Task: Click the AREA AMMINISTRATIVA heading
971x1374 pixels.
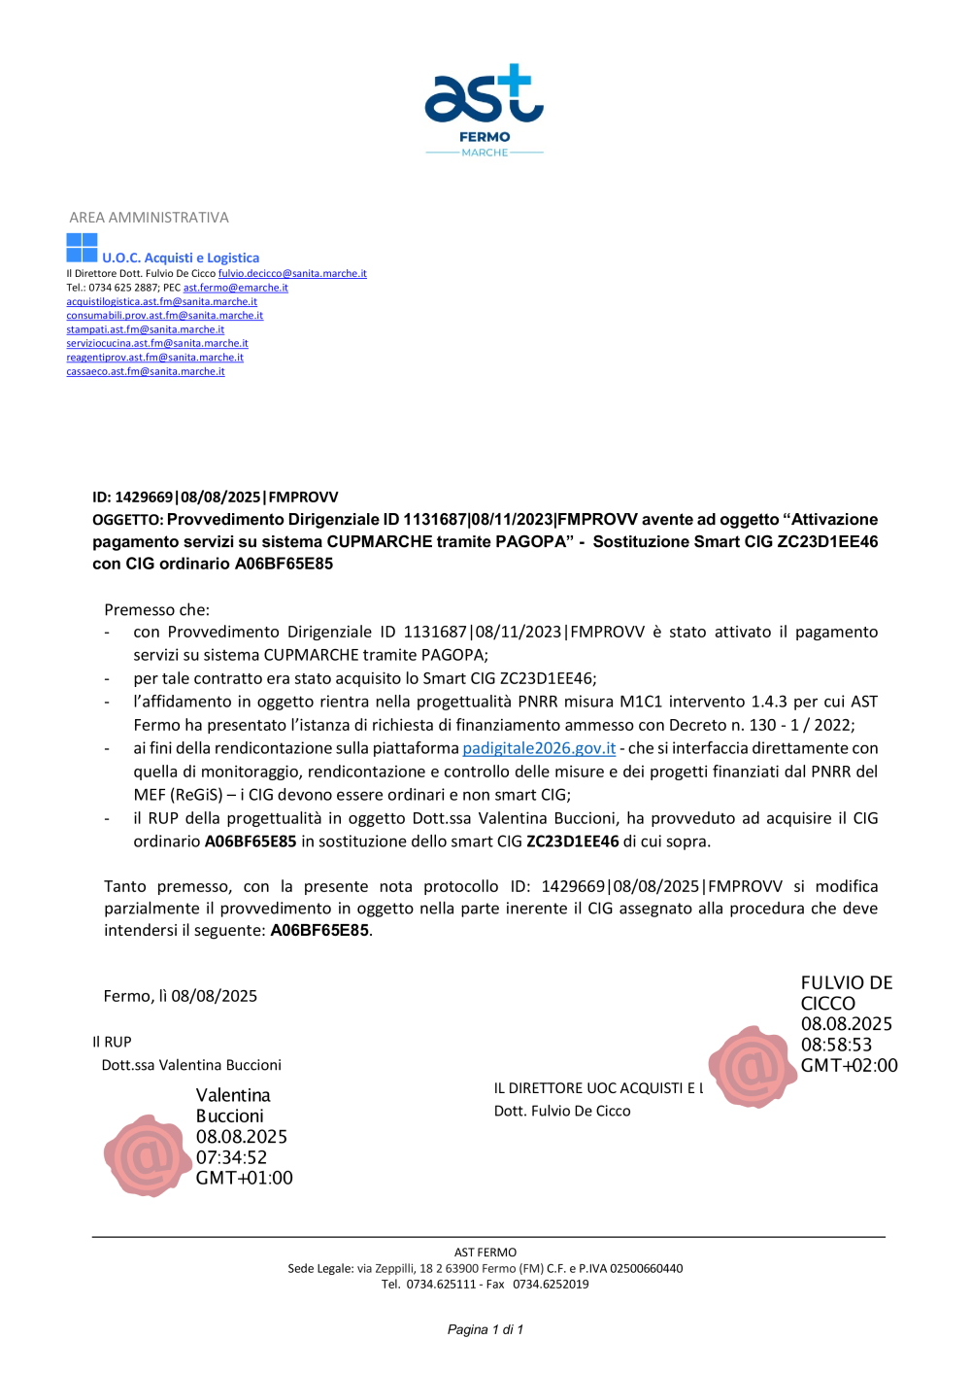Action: click(x=149, y=218)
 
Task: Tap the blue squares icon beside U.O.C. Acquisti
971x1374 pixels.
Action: click(x=82, y=248)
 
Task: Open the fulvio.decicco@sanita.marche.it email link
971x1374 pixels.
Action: click(x=292, y=274)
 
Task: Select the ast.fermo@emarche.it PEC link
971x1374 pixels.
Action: click(x=236, y=288)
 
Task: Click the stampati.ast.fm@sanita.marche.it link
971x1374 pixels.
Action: click(x=145, y=329)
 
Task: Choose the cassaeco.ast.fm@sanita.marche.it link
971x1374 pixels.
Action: click(x=145, y=371)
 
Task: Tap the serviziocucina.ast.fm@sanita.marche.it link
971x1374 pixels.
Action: click(x=157, y=343)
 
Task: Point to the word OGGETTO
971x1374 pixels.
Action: click(x=126, y=520)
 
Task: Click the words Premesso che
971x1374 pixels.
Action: click(x=156, y=610)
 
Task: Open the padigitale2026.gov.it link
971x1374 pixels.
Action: click(x=539, y=748)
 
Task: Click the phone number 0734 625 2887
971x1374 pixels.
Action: click(x=124, y=288)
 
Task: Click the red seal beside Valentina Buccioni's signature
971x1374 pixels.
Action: click(x=146, y=1155)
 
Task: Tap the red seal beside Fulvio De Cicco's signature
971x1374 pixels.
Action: click(x=751, y=1067)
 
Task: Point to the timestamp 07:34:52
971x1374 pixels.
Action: click(x=231, y=1157)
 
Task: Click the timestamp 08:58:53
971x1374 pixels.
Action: click(x=836, y=1045)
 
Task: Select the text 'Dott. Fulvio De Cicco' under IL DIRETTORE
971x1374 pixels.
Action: click(x=562, y=1111)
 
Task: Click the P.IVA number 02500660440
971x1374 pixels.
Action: click(x=646, y=1268)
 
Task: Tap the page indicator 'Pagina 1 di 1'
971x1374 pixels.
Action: click(x=485, y=1329)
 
